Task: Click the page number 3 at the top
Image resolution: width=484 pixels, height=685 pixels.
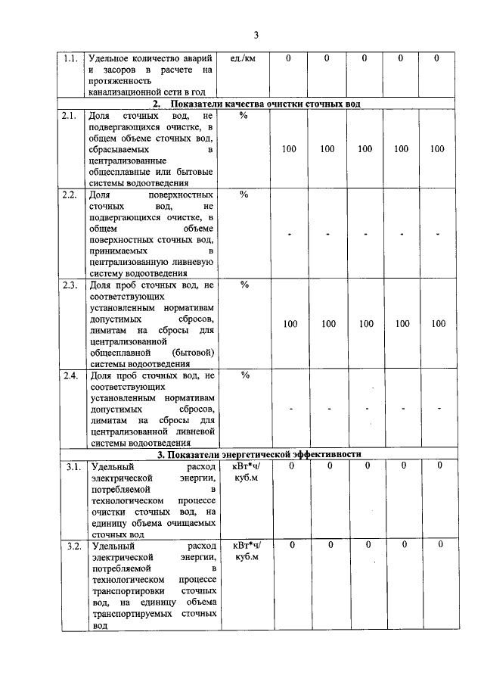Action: [256, 35]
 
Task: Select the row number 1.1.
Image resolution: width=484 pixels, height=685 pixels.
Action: [70, 58]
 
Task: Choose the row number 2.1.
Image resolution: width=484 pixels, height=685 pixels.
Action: [70, 116]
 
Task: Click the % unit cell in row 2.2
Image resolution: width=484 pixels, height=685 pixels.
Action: [244, 195]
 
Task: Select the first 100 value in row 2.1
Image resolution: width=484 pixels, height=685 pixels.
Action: [289, 149]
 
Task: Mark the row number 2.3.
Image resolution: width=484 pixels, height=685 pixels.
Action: [70, 285]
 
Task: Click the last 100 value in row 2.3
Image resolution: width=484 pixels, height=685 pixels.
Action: [439, 324]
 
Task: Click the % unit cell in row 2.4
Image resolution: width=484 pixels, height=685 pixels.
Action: [244, 376]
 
